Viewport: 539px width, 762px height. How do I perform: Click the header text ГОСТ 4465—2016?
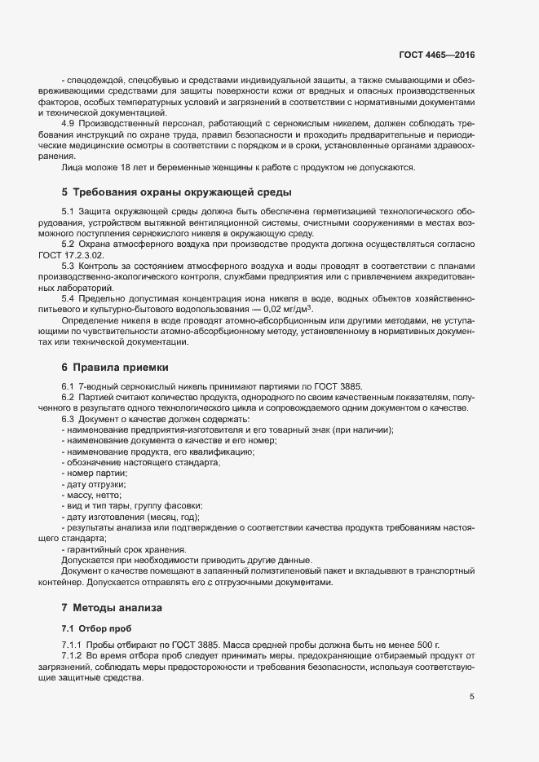(x=436, y=55)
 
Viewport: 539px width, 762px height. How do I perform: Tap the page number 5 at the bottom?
(x=472, y=697)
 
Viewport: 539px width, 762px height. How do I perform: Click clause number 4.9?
(x=68, y=123)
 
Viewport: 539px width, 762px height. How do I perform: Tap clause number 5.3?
(x=68, y=266)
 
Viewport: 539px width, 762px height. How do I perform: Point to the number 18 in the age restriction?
(x=129, y=168)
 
